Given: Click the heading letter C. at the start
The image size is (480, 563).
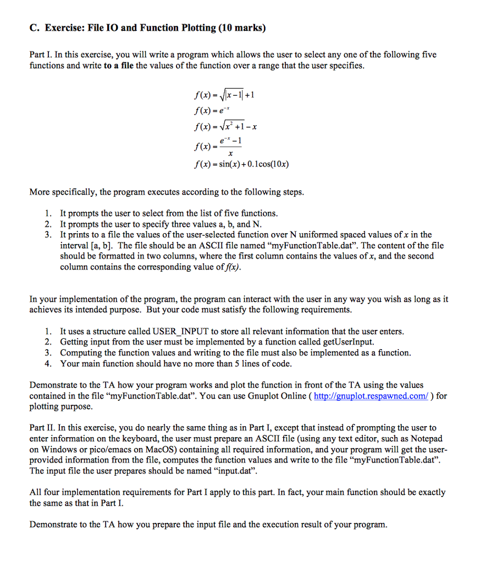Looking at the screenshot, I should pyautogui.click(x=34, y=28).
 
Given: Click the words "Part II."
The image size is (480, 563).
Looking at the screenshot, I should pyautogui.click(x=42, y=428).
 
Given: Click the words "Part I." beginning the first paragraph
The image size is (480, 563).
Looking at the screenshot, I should pyautogui.click(x=41, y=55).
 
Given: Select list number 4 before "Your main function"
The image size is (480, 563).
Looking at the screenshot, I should pyautogui.click(x=48, y=363).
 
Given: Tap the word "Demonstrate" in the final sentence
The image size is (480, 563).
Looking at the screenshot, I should pyautogui.click(x=53, y=524).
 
